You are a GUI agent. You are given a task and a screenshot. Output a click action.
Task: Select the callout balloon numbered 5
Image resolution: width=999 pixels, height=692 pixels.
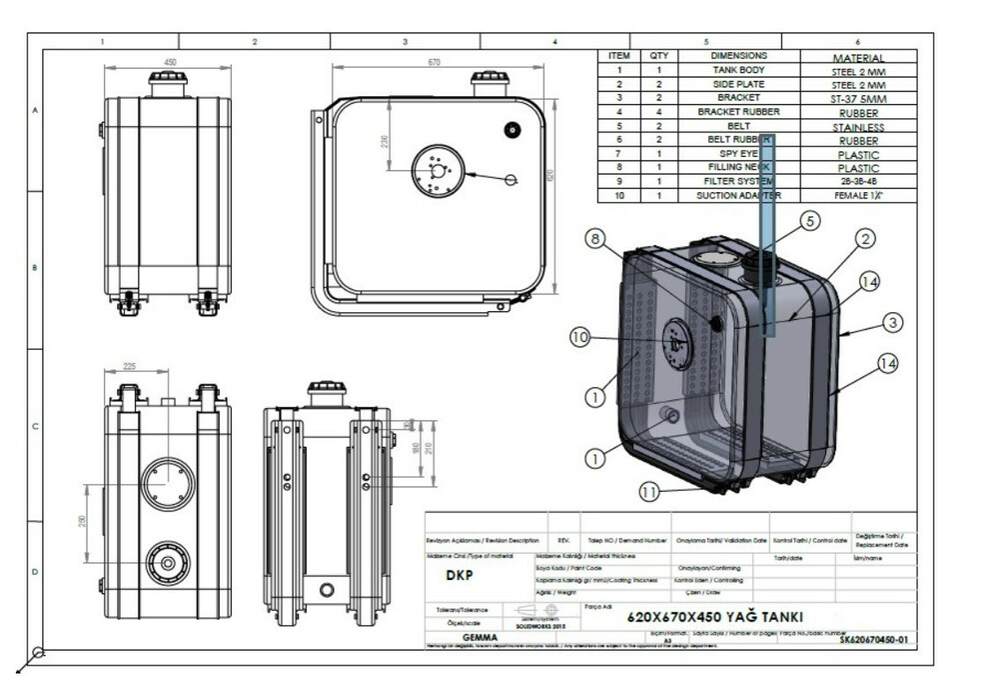click(x=808, y=220)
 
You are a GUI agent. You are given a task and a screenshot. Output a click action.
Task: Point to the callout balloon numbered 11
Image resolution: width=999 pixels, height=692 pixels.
click(x=650, y=492)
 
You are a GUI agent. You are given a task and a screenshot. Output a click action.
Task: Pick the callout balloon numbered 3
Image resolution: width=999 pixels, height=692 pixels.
click(x=892, y=322)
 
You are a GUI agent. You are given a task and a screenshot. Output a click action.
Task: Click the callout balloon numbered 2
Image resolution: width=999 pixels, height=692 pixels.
click(x=865, y=238)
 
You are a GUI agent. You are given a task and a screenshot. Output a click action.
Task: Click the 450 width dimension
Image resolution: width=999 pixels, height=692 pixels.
click(x=170, y=62)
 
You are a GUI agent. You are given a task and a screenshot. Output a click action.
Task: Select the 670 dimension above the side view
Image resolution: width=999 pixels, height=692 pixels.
click(x=434, y=62)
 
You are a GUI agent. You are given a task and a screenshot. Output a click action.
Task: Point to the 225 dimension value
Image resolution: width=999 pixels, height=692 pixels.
click(x=128, y=366)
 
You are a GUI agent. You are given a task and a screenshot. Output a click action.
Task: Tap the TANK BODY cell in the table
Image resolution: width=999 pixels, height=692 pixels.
click(x=738, y=71)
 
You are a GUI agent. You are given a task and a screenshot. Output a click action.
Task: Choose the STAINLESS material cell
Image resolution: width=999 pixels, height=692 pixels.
click(x=858, y=127)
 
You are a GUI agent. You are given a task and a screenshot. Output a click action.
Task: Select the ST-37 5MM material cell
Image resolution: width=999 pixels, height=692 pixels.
click(x=858, y=99)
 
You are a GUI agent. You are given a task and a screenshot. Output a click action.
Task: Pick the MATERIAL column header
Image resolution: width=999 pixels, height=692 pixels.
click(x=858, y=58)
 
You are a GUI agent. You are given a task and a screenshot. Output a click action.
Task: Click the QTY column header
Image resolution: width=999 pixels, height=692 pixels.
click(x=658, y=57)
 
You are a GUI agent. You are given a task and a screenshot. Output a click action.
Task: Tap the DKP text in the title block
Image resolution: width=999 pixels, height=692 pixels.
click(x=460, y=576)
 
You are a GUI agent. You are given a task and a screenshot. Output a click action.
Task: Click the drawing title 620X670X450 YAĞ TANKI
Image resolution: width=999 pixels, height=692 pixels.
click(x=715, y=617)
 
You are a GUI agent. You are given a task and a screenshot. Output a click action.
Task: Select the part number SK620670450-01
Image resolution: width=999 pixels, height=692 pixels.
click(x=873, y=639)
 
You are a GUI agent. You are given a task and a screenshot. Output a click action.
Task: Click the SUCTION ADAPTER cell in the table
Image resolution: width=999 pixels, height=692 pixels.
click(x=738, y=196)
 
